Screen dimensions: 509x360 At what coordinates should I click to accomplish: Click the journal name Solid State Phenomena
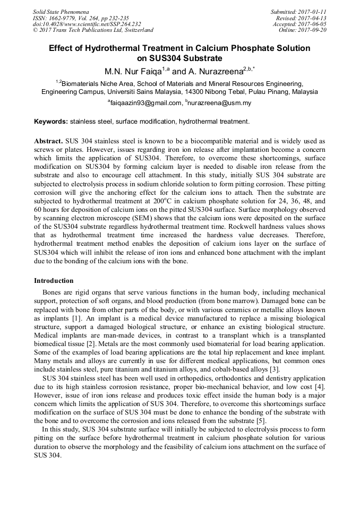click(61, 11)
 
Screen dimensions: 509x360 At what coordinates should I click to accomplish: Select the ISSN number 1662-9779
click(62, 18)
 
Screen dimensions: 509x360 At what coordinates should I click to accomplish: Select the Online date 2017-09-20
click(313, 30)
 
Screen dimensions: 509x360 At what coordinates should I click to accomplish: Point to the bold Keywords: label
click(51, 122)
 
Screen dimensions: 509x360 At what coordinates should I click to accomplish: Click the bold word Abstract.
click(48, 141)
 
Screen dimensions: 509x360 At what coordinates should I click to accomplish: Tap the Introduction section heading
click(54, 281)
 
